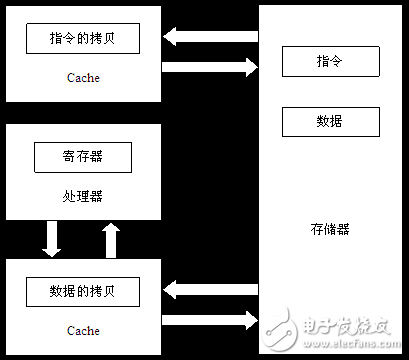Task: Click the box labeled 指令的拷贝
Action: click(83, 39)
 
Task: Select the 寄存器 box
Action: click(83, 157)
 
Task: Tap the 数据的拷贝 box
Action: click(83, 291)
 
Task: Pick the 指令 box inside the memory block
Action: click(330, 62)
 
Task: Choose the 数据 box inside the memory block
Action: click(330, 121)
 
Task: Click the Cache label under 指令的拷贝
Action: click(83, 76)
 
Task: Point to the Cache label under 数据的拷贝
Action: click(83, 330)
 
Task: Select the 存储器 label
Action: click(330, 229)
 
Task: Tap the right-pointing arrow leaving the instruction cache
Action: click(210, 68)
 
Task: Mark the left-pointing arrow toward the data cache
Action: click(210, 291)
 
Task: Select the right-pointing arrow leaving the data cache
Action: click(210, 321)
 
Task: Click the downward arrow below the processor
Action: click(52, 239)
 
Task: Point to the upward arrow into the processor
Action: click(112, 239)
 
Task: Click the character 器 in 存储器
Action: click(344, 229)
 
